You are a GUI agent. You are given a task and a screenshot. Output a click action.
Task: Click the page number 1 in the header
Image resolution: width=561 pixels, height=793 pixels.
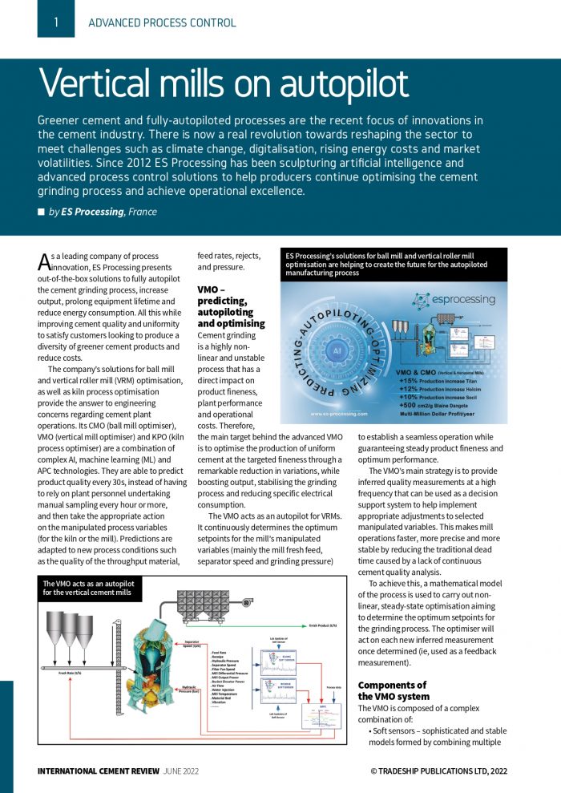[x=56, y=22]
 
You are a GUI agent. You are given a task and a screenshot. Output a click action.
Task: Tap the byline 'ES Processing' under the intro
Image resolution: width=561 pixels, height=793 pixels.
[x=93, y=212]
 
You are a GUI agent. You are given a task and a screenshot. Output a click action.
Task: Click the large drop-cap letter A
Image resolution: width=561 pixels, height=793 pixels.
[x=44, y=261]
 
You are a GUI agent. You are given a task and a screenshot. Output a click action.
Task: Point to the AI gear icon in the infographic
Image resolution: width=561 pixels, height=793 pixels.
[x=338, y=351]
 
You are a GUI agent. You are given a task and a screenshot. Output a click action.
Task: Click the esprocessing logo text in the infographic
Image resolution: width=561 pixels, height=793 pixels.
[x=464, y=299]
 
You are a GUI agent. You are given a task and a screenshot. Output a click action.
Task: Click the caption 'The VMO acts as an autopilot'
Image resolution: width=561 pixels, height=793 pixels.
[x=89, y=585]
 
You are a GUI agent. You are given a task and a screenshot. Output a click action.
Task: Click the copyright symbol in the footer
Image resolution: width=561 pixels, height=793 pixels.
[x=373, y=771]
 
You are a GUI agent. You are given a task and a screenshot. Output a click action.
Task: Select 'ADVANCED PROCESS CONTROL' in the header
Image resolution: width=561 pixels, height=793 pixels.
[x=162, y=22]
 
